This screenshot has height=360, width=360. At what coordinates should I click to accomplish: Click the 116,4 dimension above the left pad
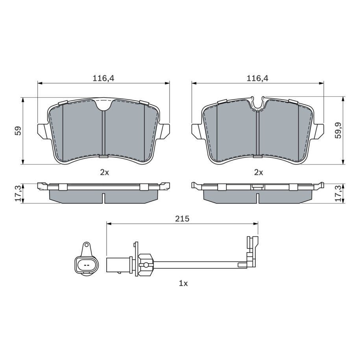(103, 78)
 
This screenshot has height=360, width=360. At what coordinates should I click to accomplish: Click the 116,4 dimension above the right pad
(257, 78)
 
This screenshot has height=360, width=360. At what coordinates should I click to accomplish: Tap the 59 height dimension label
(18, 131)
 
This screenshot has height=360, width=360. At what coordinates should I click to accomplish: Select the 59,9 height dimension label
(338, 131)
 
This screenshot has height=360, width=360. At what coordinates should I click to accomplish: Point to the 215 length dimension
(182, 219)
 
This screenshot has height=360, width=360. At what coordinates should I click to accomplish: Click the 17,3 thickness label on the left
(18, 193)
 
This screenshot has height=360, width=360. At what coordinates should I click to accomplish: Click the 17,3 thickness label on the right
(338, 193)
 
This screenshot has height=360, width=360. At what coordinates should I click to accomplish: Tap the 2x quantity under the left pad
(105, 172)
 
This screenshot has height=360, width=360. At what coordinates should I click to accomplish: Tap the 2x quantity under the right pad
(258, 172)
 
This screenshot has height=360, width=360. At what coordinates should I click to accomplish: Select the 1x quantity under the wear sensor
(183, 284)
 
